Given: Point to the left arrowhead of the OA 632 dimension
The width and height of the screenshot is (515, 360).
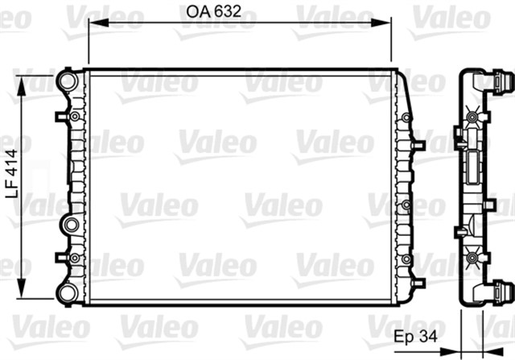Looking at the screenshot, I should coord(91,23).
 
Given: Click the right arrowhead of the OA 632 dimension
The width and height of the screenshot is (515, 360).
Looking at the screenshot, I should coord(389,23).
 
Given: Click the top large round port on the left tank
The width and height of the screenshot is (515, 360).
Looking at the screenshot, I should coord(65,81).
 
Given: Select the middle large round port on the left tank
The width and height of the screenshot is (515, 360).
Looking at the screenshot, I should coord(69,225).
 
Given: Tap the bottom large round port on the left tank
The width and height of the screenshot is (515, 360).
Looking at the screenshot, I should coord(65,292).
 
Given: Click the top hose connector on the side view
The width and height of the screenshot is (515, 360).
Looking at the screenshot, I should coord(504,82).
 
